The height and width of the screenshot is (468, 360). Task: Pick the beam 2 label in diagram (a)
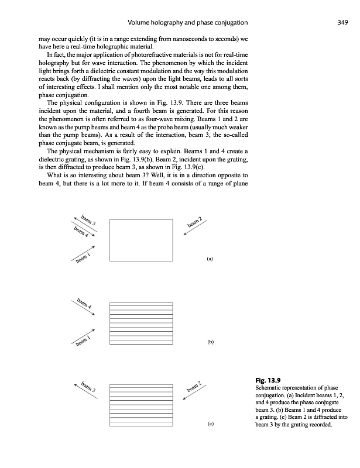click(195, 223)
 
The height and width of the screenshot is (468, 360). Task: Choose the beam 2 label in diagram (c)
click(194, 387)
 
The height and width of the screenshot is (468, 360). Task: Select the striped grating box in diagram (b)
click(141, 322)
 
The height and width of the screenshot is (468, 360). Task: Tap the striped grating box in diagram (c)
click(141, 404)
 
